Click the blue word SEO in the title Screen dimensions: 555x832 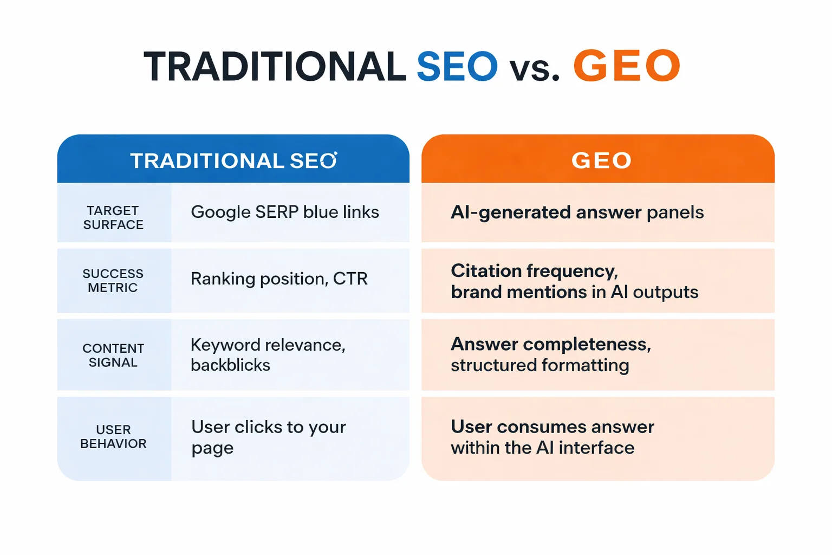coord(457,67)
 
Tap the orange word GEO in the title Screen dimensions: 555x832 coord(626,66)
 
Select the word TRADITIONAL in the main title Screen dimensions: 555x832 coord(275,67)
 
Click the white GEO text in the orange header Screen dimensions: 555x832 coord(601,160)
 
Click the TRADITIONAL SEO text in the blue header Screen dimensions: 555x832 coord(233,161)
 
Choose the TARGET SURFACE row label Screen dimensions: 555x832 coord(113,218)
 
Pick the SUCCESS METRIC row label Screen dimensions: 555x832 coord(113,281)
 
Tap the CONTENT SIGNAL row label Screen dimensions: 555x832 coord(113,356)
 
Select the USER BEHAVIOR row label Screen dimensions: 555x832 coord(113,437)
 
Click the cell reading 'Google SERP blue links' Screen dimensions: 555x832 coord(285,212)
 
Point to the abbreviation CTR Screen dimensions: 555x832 coord(350,279)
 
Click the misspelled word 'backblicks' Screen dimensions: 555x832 coord(230,365)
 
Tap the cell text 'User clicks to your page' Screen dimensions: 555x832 coord(268,437)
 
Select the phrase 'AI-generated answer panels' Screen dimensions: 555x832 coord(577,212)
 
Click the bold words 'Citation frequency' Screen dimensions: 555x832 coord(534,271)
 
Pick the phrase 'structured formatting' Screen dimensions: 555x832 coord(539,365)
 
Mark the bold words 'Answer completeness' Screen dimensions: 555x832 coord(550,344)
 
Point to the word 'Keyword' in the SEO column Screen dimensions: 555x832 coord(225,345)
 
